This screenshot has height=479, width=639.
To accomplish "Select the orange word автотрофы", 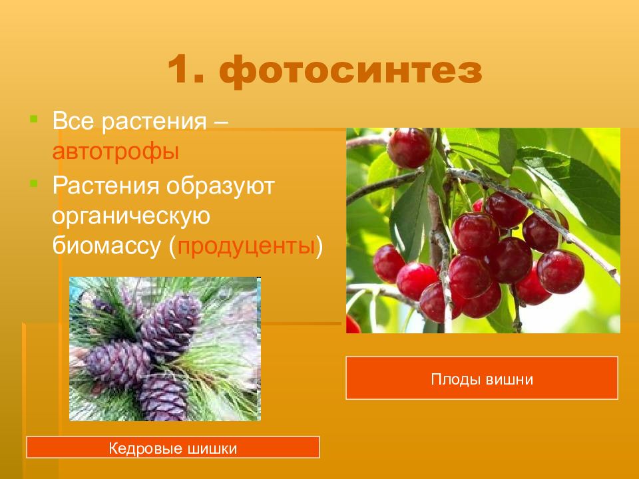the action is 116,152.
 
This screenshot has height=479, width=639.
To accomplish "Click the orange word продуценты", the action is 246,246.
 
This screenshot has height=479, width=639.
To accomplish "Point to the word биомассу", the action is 106,246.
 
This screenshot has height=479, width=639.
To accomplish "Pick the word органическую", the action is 131,216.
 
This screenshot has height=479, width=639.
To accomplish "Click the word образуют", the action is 220,186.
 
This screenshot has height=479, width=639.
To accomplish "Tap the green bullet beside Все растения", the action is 34,119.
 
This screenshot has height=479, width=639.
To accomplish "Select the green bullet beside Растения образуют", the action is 34,184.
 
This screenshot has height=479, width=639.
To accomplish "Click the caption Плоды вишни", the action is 482,379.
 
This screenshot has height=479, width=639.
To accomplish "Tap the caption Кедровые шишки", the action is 173,448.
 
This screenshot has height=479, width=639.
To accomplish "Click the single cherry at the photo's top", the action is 409,148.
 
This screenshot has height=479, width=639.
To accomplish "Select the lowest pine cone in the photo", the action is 164,398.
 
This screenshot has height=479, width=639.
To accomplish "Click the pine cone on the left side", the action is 118,363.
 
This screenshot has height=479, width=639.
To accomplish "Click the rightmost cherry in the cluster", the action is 560,271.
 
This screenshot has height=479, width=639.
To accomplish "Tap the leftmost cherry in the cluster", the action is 389,264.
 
